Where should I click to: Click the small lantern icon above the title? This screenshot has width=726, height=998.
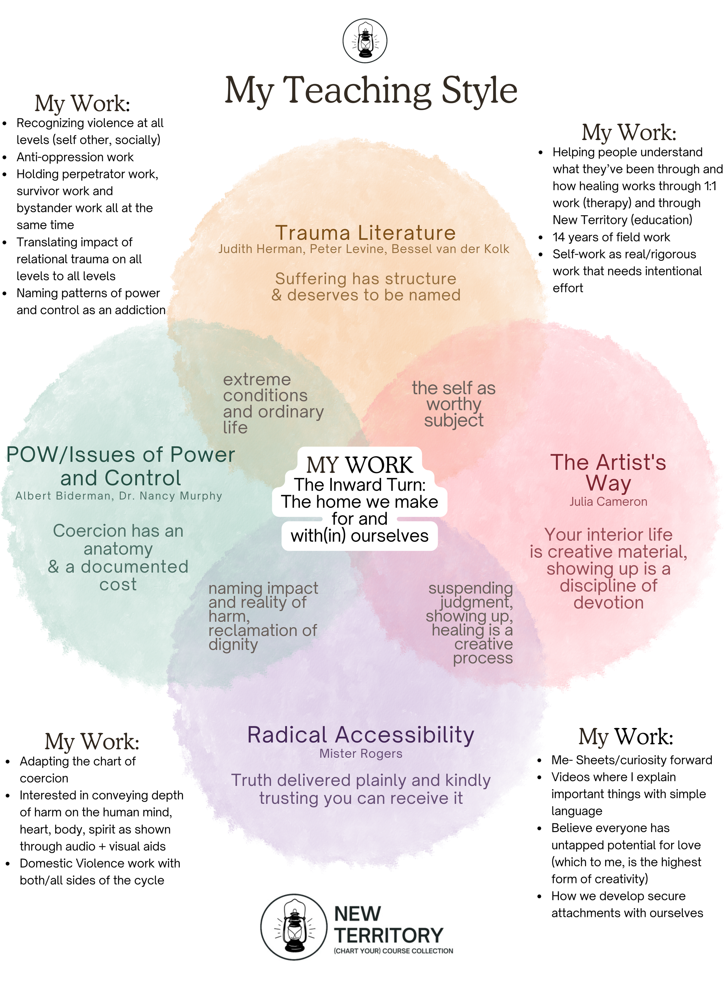(x=365, y=40)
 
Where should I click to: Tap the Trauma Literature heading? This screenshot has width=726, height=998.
(x=365, y=233)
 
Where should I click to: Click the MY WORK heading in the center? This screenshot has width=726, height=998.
(x=360, y=465)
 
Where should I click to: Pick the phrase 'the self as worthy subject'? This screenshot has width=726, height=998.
(x=454, y=404)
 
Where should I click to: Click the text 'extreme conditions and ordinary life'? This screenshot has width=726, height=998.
(x=273, y=403)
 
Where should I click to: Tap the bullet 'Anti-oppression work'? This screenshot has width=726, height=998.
(x=75, y=157)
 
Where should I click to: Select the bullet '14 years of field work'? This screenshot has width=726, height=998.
(x=611, y=237)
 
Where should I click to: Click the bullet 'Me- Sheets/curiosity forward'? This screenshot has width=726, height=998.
(x=631, y=760)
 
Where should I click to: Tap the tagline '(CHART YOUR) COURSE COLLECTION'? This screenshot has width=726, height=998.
(x=393, y=951)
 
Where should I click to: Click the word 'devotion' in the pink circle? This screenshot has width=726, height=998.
(x=608, y=602)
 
